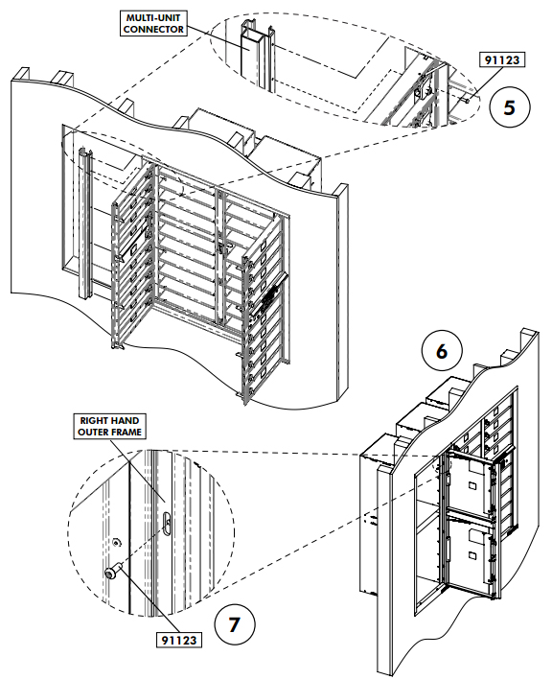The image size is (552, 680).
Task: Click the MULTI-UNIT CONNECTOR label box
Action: pyautogui.click(x=153, y=24)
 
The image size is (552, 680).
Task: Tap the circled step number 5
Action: pyautogui.click(x=510, y=106)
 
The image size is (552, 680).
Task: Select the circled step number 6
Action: pyautogui.click(x=441, y=351)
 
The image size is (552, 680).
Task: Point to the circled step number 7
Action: pyautogui.click(x=234, y=624)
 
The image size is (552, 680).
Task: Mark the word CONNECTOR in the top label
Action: pyautogui.click(x=153, y=30)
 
